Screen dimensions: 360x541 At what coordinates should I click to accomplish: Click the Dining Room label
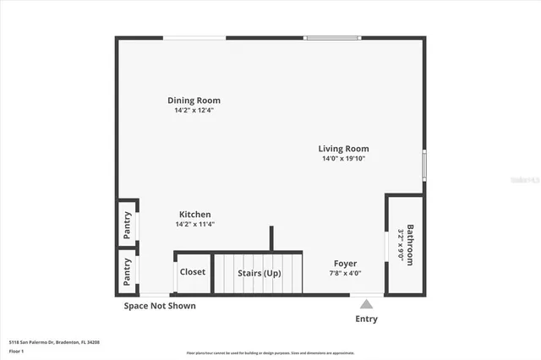194,101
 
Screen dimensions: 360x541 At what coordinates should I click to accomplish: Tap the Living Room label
343,149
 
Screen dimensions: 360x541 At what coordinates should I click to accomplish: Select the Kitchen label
194,215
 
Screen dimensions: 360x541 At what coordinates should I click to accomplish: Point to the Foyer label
345,264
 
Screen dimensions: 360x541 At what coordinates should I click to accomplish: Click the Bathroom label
411,244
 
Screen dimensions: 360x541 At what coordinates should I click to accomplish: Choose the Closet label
193,272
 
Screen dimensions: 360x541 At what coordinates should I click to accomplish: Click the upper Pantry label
128,225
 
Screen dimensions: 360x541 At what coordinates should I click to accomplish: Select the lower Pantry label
128,272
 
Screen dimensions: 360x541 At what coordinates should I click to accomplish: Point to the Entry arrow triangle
366,303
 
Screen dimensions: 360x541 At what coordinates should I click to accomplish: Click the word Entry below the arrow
367,319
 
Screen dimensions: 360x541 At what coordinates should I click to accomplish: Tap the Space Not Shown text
160,306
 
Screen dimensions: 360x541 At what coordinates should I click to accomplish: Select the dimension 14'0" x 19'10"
343,158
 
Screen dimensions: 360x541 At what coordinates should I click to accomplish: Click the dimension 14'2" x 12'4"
194,110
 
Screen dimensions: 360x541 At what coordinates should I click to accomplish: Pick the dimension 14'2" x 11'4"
194,224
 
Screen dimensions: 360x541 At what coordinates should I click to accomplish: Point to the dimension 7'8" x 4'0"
345,273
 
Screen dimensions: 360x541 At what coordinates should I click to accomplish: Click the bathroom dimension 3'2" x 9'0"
401,244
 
